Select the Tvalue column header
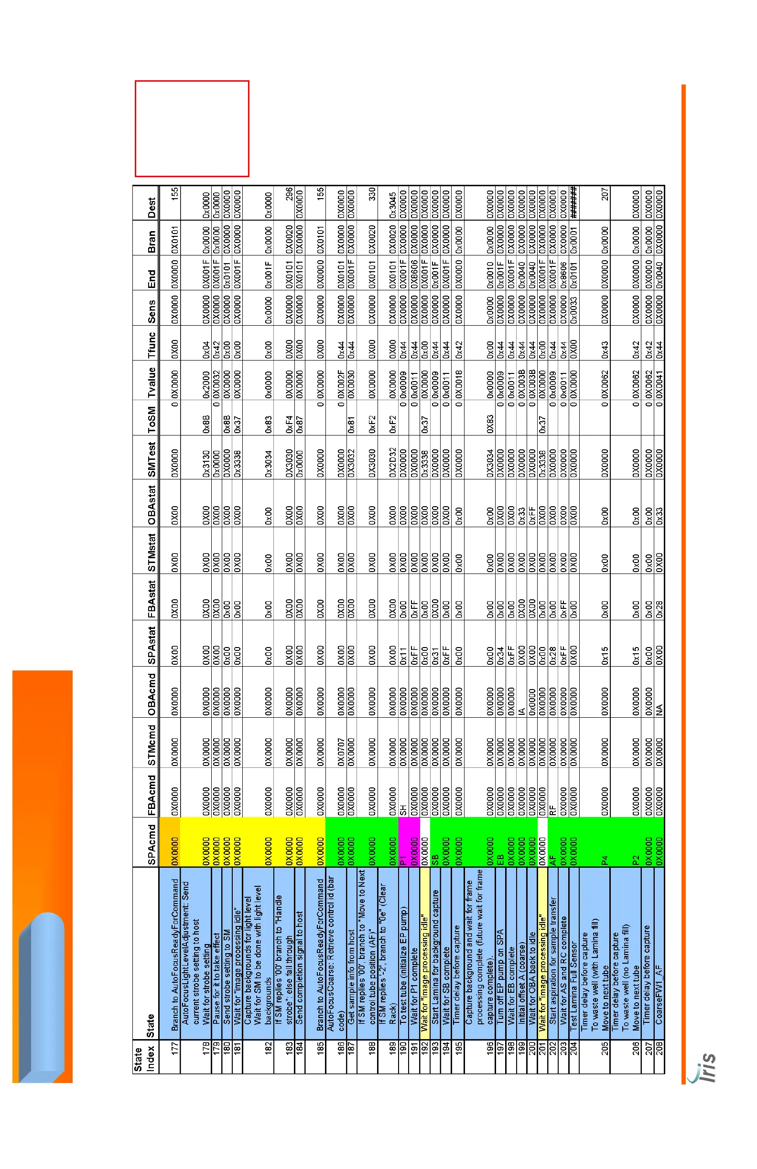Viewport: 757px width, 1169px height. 151,382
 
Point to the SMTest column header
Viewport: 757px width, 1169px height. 151,460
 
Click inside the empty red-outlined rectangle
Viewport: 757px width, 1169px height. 192,128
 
